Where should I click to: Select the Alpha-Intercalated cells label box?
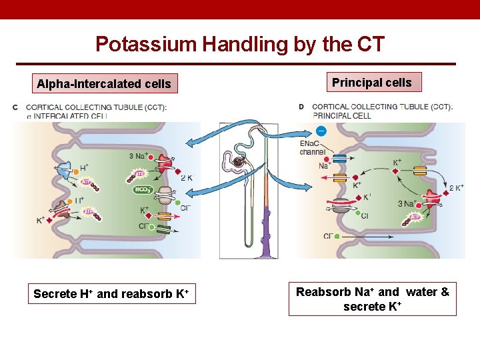pyautogui.click(x=104, y=84)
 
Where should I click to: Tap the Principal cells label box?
pyautogui.click(x=372, y=83)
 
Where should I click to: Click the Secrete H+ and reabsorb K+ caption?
pyautogui.click(x=112, y=294)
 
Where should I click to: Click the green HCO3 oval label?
pyautogui.click(x=143, y=189)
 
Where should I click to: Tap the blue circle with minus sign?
pyautogui.click(x=321, y=131)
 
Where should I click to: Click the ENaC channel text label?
pyautogui.click(x=313, y=148)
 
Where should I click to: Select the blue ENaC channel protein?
pyautogui.click(x=339, y=159)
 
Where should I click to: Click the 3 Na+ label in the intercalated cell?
pyautogui.click(x=139, y=157)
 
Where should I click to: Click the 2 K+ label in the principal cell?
pyautogui.click(x=456, y=188)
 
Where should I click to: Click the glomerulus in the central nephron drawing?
pyautogui.click(x=238, y=161)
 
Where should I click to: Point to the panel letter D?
pyautogui.click(x=301, y=107)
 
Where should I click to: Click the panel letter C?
pyautogui.click(x=15, y=107)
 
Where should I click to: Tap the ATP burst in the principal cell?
pyautogui.click(x=415, y=217)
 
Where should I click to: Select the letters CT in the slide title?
pyautogui.click(x=371, y=44)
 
